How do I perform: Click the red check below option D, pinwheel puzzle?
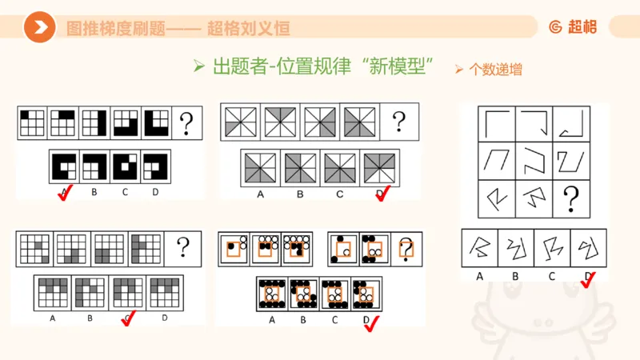tap(383, 192)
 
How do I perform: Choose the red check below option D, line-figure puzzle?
tap(590, 278)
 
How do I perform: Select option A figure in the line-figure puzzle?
tap(480, 248)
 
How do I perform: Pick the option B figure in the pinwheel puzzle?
tap(300, 166)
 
